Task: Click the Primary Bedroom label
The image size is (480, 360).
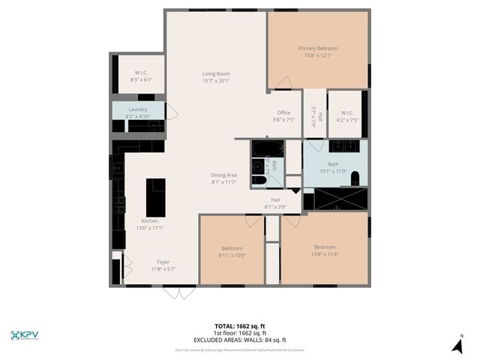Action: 318,48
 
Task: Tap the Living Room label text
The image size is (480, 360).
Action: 216,73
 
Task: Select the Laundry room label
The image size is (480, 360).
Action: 137,109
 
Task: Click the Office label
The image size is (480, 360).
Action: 283,112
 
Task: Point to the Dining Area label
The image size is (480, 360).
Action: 223,175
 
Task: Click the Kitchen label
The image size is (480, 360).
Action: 150,221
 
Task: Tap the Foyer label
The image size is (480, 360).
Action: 163,262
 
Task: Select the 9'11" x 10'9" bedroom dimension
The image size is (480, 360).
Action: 232,255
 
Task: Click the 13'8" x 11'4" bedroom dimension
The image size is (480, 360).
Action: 325,254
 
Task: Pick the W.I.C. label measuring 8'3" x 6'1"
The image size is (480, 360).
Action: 140,73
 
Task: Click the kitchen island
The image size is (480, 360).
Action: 155,196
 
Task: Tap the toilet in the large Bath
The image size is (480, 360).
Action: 355,177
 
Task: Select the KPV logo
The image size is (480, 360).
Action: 25,334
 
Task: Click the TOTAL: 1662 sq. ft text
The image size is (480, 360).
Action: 240,325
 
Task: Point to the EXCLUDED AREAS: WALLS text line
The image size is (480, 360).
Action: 240,340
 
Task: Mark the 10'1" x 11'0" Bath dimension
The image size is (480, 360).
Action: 334,171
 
